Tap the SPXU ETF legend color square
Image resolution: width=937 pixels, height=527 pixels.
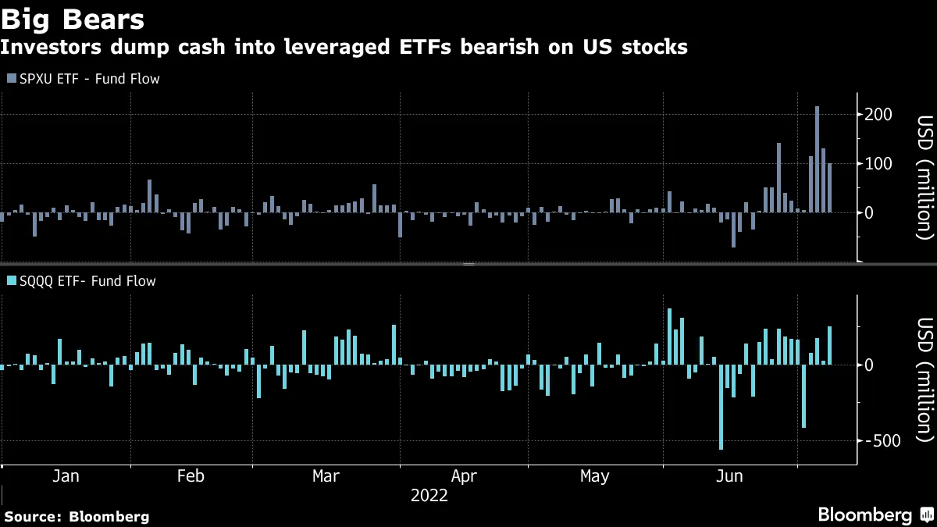[x=11, y=79]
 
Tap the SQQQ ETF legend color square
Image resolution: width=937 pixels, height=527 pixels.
[x=11, y=281]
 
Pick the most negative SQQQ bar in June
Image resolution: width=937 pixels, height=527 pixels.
[x=721, y=407]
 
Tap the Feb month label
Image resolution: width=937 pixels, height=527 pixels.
[x=191, y=476]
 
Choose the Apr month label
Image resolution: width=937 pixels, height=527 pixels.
[x=464, y=476]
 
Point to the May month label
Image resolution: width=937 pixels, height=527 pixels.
[x=596, y=476]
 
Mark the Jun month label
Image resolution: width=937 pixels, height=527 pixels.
[x=729, y=476]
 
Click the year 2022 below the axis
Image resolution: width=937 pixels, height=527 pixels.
[x=429, y=496]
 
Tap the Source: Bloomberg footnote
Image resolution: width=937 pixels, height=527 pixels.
[x=77, y=516]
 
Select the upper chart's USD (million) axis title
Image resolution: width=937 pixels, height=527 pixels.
[x=925, y=177]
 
